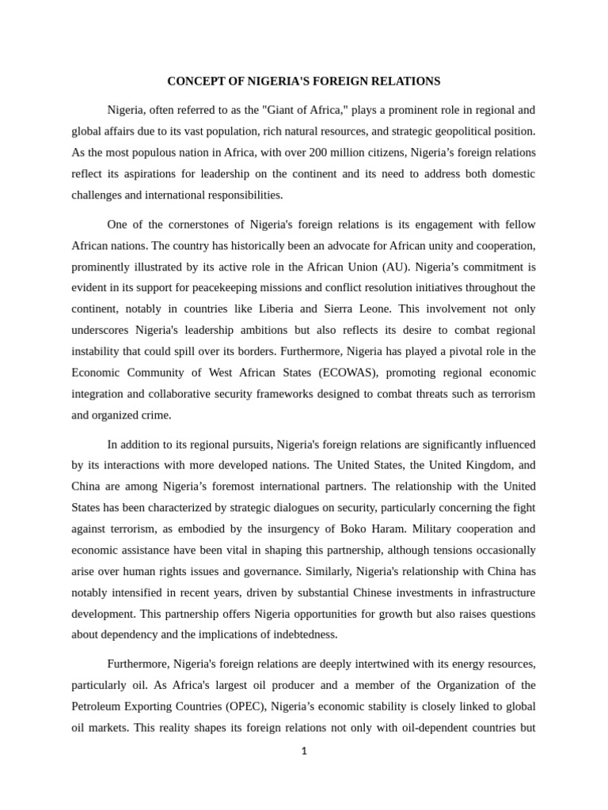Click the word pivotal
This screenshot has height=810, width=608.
coord(462,351)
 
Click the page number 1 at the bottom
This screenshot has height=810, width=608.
coord(304,751)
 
